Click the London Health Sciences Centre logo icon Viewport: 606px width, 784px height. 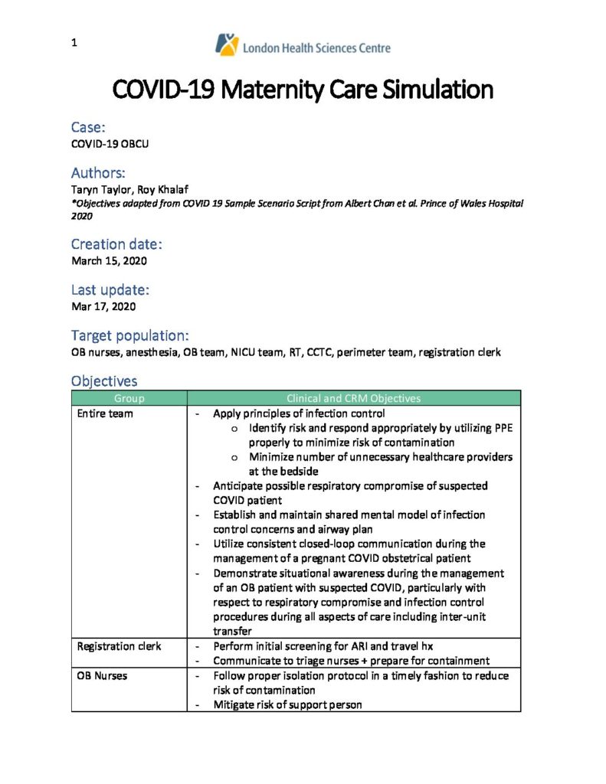tap(227, 44)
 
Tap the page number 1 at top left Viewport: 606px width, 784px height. tap(74, 44)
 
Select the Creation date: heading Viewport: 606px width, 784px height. tap(116, 244)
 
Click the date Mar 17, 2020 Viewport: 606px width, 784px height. tap(103, 307)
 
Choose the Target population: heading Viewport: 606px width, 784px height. tap(130, 335)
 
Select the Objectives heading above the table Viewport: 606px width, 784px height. tap(104, 381)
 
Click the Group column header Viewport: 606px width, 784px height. tap(129, 398)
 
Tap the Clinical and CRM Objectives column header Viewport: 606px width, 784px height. tap(353, 398)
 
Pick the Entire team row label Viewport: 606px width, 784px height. tap(105, 413)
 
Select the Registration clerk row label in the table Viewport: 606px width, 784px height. tap(119, 646)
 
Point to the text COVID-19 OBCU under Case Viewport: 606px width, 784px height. tap(110, 143)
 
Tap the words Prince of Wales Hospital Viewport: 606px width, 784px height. tap(470, 204)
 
